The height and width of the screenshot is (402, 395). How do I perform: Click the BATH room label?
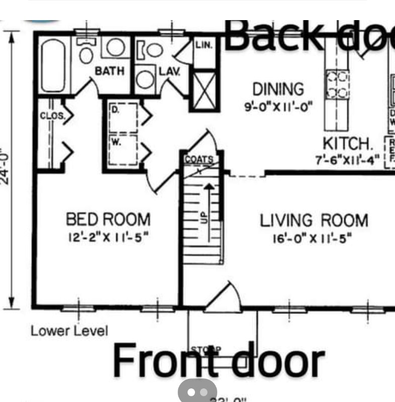(x=110, y=71)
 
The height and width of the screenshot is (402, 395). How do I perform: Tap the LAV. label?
(x=169, y=72)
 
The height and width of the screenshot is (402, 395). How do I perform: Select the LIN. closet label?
(x=204, y=45)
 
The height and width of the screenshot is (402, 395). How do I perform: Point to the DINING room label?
(x=278, y=89)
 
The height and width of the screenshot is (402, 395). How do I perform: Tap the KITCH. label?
(x=348, y=143)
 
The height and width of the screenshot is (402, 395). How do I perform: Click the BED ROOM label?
(x=108, y=220)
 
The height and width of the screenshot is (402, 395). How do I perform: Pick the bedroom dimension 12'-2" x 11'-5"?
(x=108, y=236)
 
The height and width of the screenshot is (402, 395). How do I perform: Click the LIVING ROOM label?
(x=314, y=221)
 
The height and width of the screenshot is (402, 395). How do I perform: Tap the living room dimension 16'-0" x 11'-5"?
(x=313, y=238)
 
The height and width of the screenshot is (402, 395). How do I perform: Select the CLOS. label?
(x=52, y=116)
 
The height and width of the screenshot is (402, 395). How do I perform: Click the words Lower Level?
(x=69, y=331)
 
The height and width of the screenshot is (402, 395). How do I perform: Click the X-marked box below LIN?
(x=205, y=91)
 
